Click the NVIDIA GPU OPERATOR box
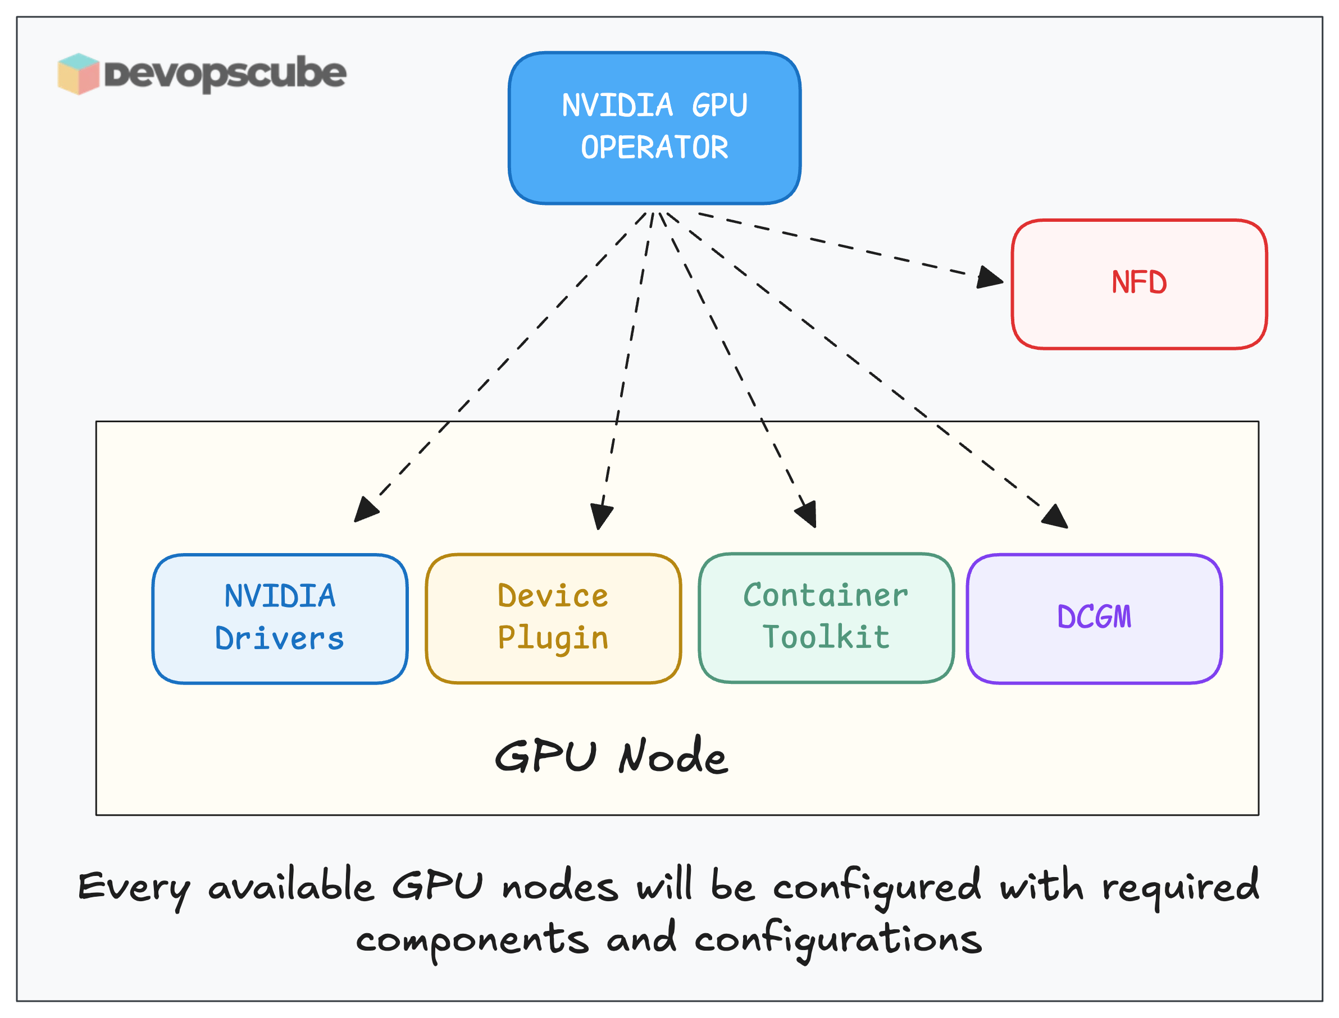point(654,128)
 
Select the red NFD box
point(1138,284)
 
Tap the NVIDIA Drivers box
point(280,619)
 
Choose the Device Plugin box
point(553,619)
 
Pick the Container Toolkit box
point(826,618)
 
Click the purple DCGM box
point(1094,619)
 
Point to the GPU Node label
point(611,757)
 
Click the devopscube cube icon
point(78,74)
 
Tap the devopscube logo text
point(225,74)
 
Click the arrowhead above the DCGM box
point(1056,517)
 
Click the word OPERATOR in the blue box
point(654,148)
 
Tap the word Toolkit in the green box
point(826,637)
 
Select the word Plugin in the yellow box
point(553,638)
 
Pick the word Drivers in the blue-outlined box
point(280,638)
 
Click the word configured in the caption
point(877,887)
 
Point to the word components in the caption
point(472,941)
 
